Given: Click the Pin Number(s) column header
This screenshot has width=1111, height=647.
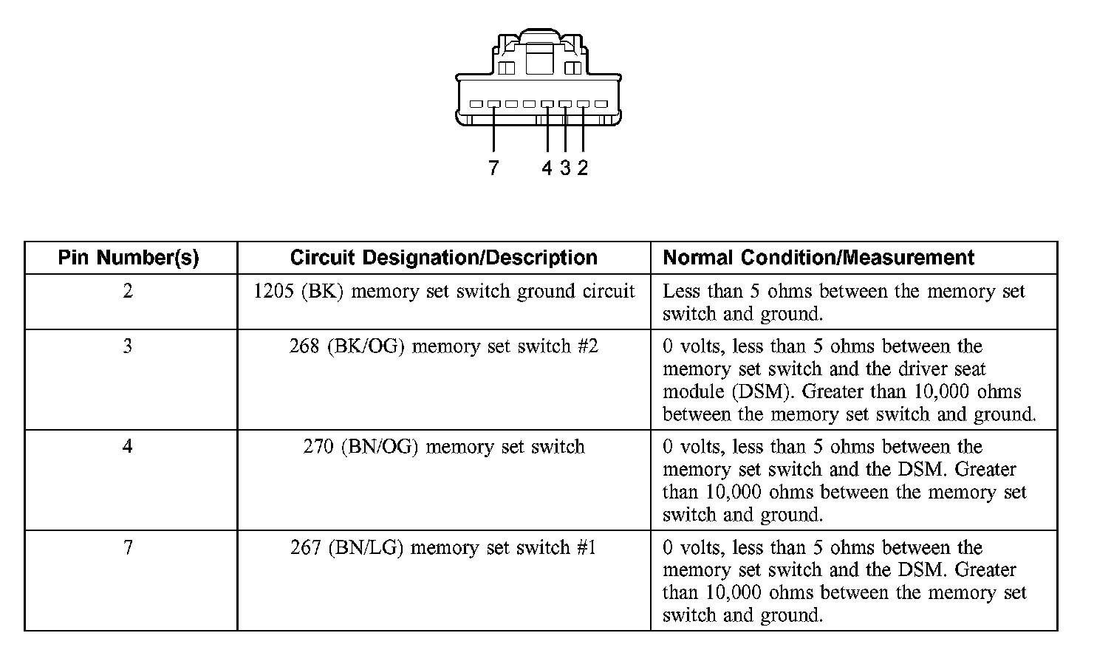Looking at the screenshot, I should (129, 258).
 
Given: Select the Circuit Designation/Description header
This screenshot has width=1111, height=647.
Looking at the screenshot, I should (443, 258).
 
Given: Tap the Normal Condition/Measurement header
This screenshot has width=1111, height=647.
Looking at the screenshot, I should (818, 258).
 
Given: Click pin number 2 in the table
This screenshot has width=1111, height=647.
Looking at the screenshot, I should (128, 291).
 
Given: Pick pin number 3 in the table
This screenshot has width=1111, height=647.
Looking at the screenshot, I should (128, 346).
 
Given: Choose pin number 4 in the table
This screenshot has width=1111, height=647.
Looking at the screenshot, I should (128, 447).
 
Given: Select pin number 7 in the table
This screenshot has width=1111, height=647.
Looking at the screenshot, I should (128, 547).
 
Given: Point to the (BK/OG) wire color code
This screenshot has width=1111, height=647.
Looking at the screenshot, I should (366, 346).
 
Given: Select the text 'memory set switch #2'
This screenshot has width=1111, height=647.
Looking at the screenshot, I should (505, 346).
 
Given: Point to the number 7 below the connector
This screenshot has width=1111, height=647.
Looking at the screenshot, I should (493, 168).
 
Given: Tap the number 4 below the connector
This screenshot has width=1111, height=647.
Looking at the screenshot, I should (547, 168).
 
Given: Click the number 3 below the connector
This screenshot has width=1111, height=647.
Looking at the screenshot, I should (565, 168).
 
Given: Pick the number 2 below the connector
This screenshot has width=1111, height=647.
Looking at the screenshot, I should (583, 168).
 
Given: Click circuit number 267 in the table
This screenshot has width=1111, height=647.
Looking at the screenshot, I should (306, 547).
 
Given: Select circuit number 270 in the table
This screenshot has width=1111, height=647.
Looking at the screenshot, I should (319, 447).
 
